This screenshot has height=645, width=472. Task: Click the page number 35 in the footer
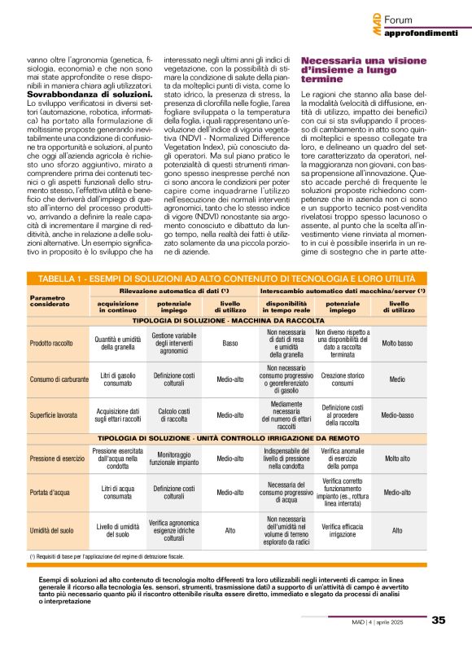click(439, 621)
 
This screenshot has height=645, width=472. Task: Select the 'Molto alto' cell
click(397, 459)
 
